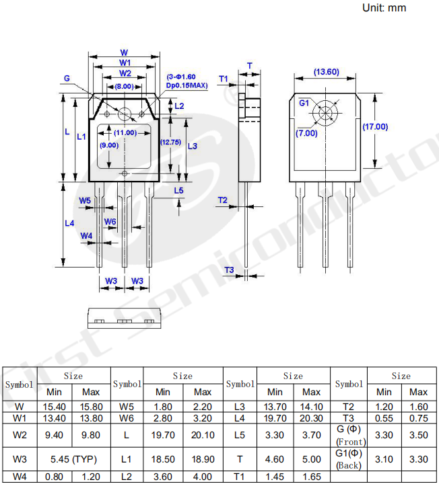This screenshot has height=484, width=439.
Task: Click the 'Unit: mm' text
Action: pyautogui.click(x=384, y=8)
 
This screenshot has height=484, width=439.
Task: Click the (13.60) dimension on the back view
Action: pyautogui.click(x=326, y=72)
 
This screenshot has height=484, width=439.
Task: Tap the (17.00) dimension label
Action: pyautogui.click(x=375, y=126)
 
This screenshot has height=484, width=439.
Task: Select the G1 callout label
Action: pyautogui.click(x=304, y=103)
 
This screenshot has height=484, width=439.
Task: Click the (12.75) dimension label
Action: pyautogui.click(x=170, y=142)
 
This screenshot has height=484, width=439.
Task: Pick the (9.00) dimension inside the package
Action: pyautogui.click(x=109, y=145)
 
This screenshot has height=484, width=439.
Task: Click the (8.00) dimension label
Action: pyautogui.click(x=123, y=87)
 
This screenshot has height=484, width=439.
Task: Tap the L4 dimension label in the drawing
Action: pyautogui.click(x=69, y=223)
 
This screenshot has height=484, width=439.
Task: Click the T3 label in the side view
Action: pyautogui.click(x=229, y=270)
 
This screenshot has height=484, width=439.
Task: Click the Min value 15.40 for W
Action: pyautogui.click(x=55, y=407)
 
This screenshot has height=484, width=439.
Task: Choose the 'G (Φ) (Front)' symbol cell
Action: pyautogui.click(x=349, y=435)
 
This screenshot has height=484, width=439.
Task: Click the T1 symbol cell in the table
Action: pyautogui.click(x=240, y=477)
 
